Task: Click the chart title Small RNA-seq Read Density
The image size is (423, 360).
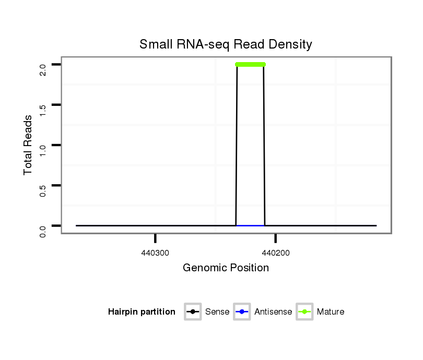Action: pyautogui.click(x=226, y=45)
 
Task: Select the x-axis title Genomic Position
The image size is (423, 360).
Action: pyautogui.click(x=226, y=268)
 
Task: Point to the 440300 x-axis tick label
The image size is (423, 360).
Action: pyautogui.click(x=155, y=254)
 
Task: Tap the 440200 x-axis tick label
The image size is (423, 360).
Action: pyautogui.click(x=275, y=254)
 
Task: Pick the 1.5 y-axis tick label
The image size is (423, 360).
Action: pyautogui.click(x=43, y=110)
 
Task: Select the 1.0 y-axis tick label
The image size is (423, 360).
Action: pyautogui.click(x=43, y=150)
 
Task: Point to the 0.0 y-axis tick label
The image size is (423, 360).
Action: pyautogui.click(x=43, y=231)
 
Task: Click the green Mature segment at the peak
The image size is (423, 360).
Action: pyautogui.click(x=250, y=65)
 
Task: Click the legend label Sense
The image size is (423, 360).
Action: pyautogui.click(x=217, y=312)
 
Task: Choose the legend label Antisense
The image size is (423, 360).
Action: pyautogui.click(x=273, y=312)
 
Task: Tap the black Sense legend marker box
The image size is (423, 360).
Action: pyautogui.click(x=193, y=312)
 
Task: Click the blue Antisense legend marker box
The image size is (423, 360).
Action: pyautogui.click(x=242, y=312)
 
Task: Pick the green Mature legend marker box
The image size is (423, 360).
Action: pyautogui.click(x=304, y=312)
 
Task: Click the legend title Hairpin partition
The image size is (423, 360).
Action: pyautogui.click(x=142, y=312)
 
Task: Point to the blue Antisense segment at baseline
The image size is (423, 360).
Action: pyautogui.click(x=250, y=225)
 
